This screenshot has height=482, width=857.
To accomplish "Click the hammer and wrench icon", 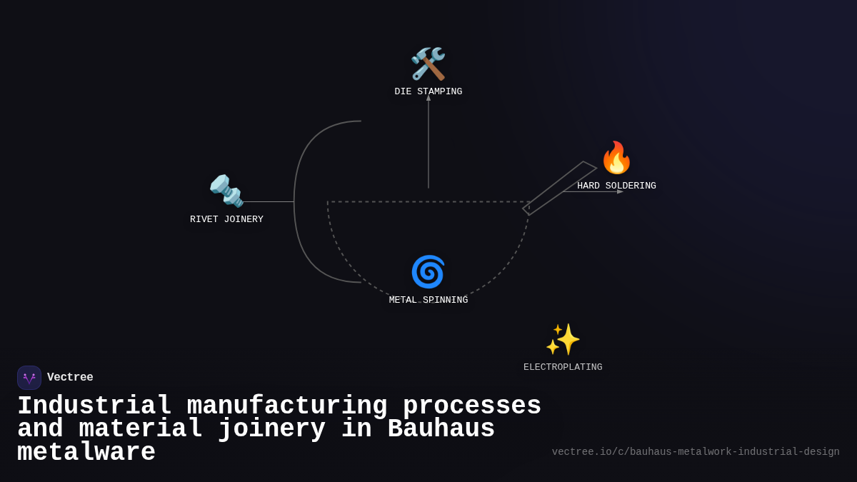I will (x=428, y=64).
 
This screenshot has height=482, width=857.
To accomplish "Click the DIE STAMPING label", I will (x=428, y=92).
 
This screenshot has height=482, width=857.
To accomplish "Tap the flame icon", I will (x=616, y=158).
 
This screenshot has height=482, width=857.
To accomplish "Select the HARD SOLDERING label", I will (x=616, y=186).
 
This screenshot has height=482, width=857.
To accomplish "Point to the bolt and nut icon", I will (x=226, y=191).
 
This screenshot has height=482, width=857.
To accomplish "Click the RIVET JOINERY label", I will (x=226, y=220).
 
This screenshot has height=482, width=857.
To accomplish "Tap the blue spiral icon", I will (x=428, y=272).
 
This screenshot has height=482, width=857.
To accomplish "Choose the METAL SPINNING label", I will (x=428, y=301).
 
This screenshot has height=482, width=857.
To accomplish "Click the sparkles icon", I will (x=563, y=339).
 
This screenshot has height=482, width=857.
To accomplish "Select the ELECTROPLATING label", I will (x=563, y=368).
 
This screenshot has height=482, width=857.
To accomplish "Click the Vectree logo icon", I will (x=29, y=378).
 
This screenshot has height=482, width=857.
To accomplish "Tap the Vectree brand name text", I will (x=70, y=378).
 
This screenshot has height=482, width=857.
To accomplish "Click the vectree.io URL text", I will (x=696, y=452).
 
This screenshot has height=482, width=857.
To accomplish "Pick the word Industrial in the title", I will (x=94, y=406).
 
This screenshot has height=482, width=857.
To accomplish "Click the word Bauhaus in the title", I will (x=441, y=429).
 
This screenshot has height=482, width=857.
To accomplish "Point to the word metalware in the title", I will (x=86, y=453).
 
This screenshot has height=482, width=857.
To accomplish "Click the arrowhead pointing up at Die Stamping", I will (x=428, y=98).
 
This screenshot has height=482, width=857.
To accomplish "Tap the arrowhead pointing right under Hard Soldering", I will (x=620, y=191).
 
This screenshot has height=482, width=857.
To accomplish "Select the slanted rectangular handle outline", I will (x=559, y=189).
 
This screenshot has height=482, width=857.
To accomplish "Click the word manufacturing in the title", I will (x=287, y=406).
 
